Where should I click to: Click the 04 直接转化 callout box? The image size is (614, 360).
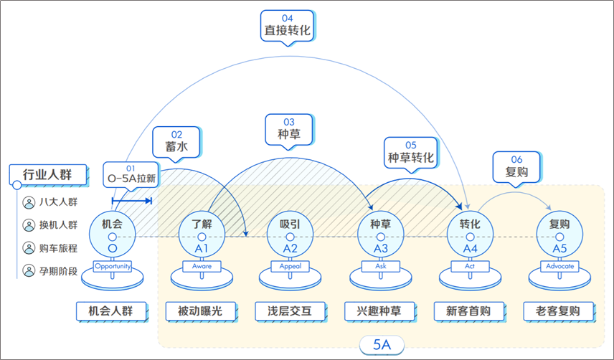pyautogui.click(x=288, y=26)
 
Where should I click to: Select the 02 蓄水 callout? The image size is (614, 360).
pyautogui.click(x=176, y=143)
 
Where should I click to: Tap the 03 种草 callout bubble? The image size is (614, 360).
pyautogui.click(x=289, y=130)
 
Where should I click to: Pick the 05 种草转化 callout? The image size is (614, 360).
pyautogui.click(x=410, y=153)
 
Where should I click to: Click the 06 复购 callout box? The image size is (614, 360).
pyautogui.click(x=516, y=167)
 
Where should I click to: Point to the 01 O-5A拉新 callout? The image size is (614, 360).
pyautogui.click(x=131, y=174)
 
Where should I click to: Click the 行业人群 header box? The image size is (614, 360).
pyautogui.click(x=48, y=174)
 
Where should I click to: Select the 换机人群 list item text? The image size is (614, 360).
pyautogui.click(x=58, y=225)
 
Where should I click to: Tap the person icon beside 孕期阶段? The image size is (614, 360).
pyautogui.click(x=29, y=271)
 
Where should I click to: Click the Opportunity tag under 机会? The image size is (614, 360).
pyautogui.click(x=113, y=266)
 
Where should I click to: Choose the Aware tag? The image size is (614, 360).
pyautogui.click(x=202, y=266)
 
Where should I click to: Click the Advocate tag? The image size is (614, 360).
pyautogui.click(x=559, y=266)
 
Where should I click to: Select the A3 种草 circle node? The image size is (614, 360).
pyautogui.click(x=381, y=235)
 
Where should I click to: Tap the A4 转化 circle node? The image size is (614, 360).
pyautogui.click(x=470, y=235)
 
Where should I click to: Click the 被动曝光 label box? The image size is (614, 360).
pyautogui.click(x=201, y=311)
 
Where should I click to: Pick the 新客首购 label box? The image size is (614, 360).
pyautogui.click(x=468, y=311)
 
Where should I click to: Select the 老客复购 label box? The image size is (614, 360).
pyautogui.click(x=558, y=311)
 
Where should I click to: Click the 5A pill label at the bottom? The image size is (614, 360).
pyautogui.click(x=382, y=345)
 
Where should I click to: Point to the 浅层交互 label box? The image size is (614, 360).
pyautogui.click(x=291, y=311)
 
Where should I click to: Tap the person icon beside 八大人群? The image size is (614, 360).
pyautogui.click(x=29, y=202)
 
